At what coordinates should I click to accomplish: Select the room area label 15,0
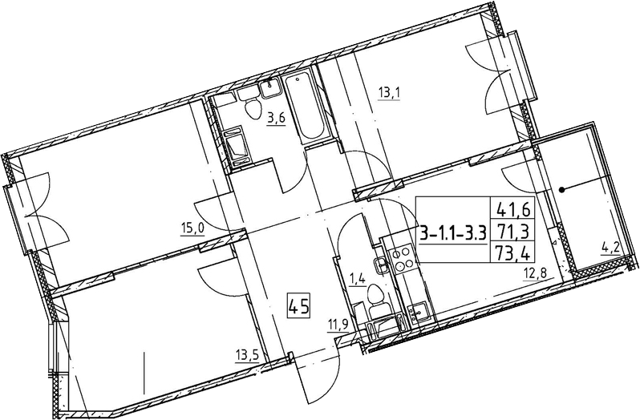coord(192,229)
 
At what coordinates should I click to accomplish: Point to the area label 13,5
coord(247,356)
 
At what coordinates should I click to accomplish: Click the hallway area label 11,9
coord(337,325)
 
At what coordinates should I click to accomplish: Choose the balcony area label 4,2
coord(610,248)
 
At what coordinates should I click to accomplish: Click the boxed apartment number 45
coord(299,306)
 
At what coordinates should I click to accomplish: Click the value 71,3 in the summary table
coord(512,232)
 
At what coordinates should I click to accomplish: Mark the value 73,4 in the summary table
coord(512,254)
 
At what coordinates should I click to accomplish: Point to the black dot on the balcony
coord(561,189)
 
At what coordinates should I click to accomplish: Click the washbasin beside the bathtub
coord(269,87)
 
